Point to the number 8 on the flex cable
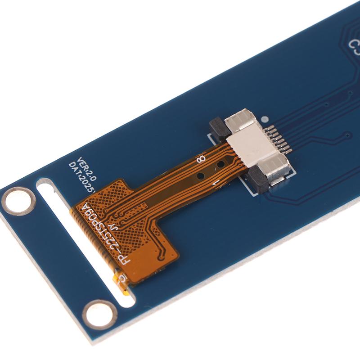(202, 158)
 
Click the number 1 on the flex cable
(215, 183)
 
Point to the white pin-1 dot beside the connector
(265, 120)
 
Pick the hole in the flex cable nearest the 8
(220, 165)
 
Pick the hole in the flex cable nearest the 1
(201, 176)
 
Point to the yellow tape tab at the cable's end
(120, 280)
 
